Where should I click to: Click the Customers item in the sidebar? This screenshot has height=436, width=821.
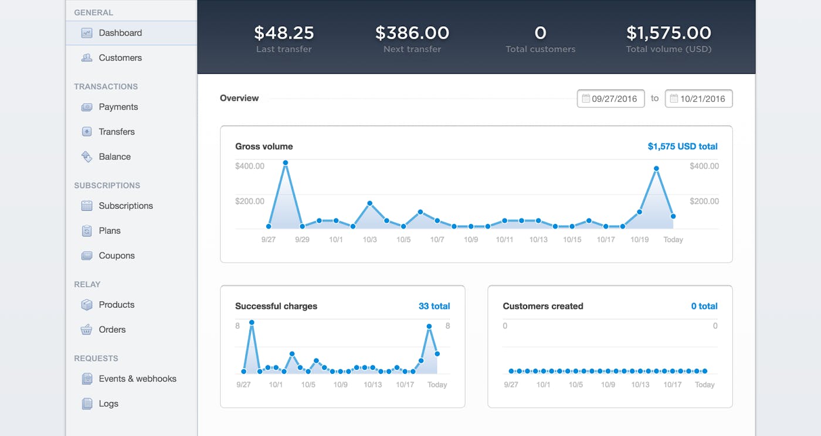tap(120, 57)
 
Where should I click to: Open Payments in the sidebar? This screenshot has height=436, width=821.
tap(118, 107)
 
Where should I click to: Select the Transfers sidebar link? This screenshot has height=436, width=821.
tap(117, 132)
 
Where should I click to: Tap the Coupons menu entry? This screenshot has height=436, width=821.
tap(117, 256)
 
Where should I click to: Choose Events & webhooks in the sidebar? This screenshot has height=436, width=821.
tap(137, 379)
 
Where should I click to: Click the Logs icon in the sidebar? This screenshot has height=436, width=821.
tap(87, 404)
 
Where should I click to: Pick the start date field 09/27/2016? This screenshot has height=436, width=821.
tap(611, 98)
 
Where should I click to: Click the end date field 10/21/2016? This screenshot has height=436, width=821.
tap(699, 98)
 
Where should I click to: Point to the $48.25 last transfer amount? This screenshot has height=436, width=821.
tap(284, 33)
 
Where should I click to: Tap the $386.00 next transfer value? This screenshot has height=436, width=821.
tap(412, 33)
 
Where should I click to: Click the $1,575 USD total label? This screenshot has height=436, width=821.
tap(683, 147)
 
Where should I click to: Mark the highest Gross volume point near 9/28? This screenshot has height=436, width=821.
tap(286, 163)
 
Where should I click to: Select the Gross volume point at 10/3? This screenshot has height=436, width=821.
tap(369, 203)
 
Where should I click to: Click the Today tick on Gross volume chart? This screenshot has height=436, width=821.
tap(673, 240)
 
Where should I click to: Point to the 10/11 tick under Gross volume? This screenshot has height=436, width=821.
tap(504, 240)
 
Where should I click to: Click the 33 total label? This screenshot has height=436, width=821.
tap(434, 306)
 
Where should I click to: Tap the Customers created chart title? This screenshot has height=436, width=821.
tap(543, 306)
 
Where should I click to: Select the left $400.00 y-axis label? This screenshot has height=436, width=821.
tap(250, 166)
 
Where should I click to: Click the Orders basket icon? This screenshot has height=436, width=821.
tap(87, 330)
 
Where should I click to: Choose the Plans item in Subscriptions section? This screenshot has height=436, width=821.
tap(110, 231)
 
